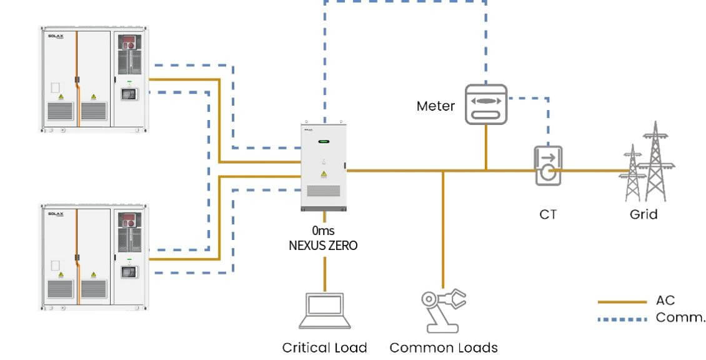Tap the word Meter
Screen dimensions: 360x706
(x=435, y=106)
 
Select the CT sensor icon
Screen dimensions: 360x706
(x=547, y=166)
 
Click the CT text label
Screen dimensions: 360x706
(x=547, y=214)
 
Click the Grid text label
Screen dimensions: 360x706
(x=643, y=214)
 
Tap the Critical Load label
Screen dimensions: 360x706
(x=324, y=347)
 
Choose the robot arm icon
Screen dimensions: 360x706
(x=443, y=310)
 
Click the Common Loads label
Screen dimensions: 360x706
(x=444, y=347)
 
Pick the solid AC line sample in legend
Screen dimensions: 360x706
(x=622, y=302)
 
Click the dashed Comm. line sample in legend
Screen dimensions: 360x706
(x=622, y=319)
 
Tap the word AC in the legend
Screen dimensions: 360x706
(x=665, y=301)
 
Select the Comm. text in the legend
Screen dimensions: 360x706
(x=680, y=318)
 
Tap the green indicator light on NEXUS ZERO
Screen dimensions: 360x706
(x=322, y=142)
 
